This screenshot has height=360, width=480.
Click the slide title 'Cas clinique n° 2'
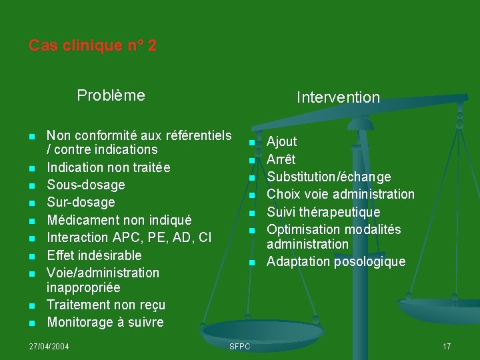tap(93, 46)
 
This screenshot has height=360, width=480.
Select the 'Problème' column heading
tap(111, 95)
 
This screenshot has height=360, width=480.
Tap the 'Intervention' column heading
tap(338, 97)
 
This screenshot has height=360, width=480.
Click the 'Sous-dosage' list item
tap(86, 185)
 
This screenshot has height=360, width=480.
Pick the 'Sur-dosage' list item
tap(81, 202)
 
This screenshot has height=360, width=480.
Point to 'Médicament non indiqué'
tap(119, 220)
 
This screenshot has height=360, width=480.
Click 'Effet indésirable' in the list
tap(94, 255)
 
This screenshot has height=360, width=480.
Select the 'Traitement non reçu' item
tap(106, 305)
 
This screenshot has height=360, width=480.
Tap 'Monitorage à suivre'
tap(105, 322)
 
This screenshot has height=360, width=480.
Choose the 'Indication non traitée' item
tap(109, 167)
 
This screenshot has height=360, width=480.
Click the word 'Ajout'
tap(282, 141)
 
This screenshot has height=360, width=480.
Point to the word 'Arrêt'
tap(281, 159)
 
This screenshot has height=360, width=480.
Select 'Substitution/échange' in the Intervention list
tap(329, 177)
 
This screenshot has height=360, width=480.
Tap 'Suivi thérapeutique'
tap(323, 212)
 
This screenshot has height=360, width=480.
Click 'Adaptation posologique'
tap(336, 261)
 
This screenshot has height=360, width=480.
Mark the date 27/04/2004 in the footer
tap(49, 347)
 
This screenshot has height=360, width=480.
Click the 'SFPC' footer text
tap(239, 347)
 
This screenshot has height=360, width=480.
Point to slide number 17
tap(447, 347)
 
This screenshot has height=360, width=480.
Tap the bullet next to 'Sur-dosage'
tap(32, 203)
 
